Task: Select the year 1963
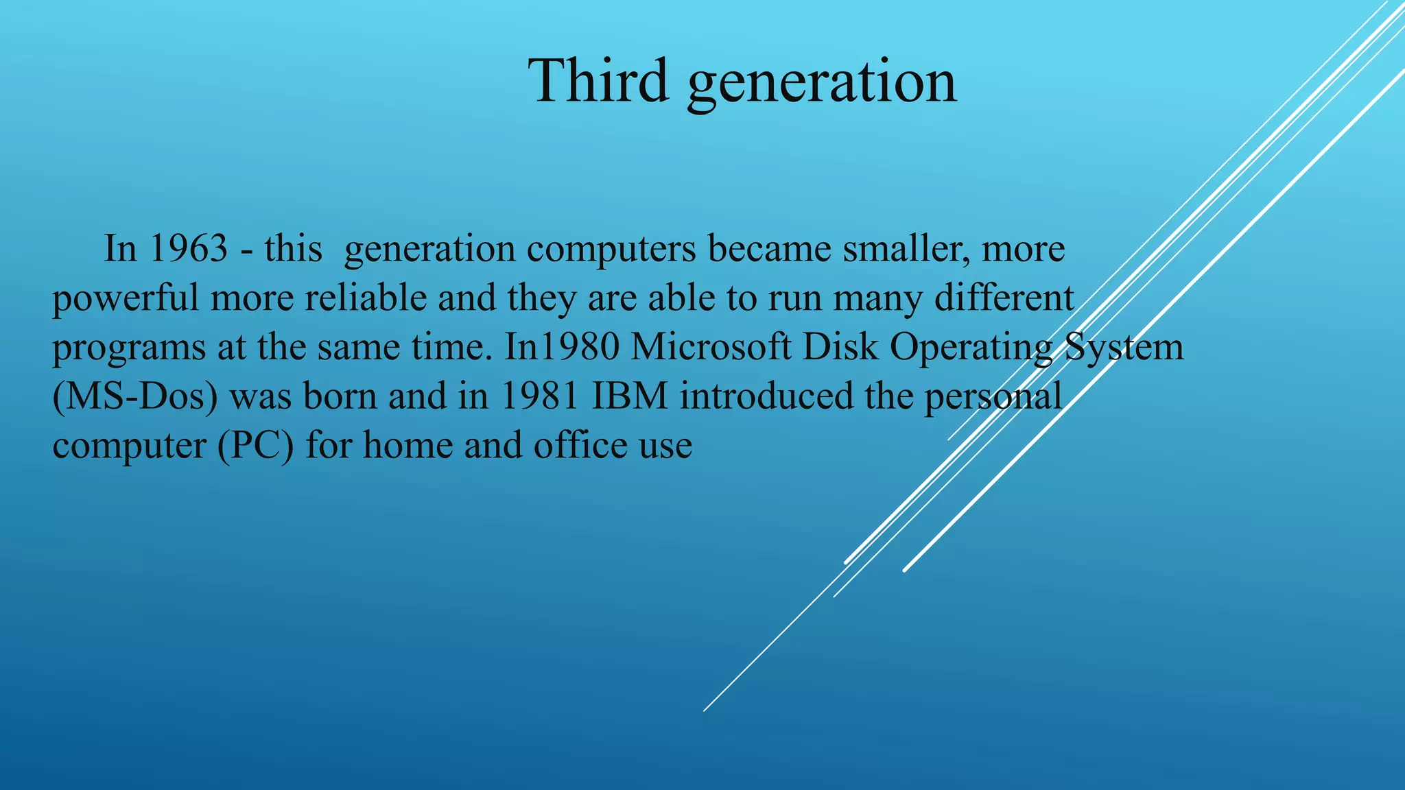tap(188, 248)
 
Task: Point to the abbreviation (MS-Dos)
tap(134, 396)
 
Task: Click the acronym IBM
tap(630, 396)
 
